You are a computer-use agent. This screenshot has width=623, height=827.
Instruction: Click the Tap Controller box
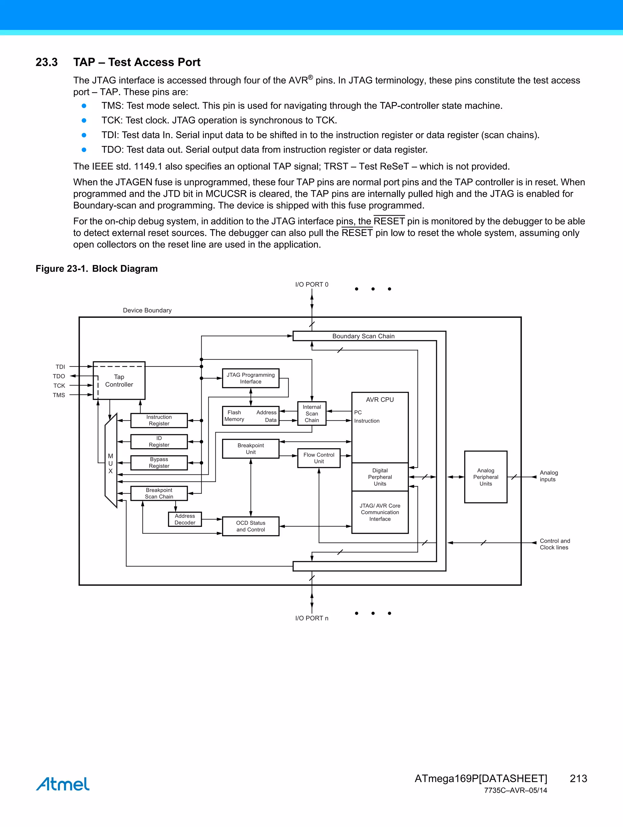[119, 380]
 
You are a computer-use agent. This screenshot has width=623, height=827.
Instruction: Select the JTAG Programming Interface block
[251, 378]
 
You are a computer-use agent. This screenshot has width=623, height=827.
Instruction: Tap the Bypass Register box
[159, 463]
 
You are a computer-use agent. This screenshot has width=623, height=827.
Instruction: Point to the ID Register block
[159, 442]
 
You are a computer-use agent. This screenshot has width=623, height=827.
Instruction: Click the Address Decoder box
[185, 519]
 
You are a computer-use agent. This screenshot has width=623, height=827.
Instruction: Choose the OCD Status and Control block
[251, 526]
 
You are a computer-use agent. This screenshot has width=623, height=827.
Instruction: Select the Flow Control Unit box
[318, 458]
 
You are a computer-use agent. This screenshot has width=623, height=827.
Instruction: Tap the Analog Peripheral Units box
[486, 477]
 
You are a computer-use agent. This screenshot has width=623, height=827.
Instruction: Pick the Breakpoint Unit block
[251, 449]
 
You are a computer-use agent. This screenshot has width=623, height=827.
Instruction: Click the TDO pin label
[59, 376]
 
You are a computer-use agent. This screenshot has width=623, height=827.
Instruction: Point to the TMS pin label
[59, 395]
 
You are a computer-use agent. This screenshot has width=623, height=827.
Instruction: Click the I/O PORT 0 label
[311, 284]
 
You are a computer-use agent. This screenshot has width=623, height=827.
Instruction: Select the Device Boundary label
[147, 310]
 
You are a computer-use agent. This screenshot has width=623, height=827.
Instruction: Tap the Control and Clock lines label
[554, 544]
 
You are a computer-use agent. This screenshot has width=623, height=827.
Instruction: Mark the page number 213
[578, 778]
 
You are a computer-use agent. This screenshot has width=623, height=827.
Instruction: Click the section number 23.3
[47, 62]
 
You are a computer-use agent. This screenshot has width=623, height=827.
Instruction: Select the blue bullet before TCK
[84, 120]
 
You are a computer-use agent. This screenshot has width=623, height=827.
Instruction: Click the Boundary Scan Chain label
[363, 336]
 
